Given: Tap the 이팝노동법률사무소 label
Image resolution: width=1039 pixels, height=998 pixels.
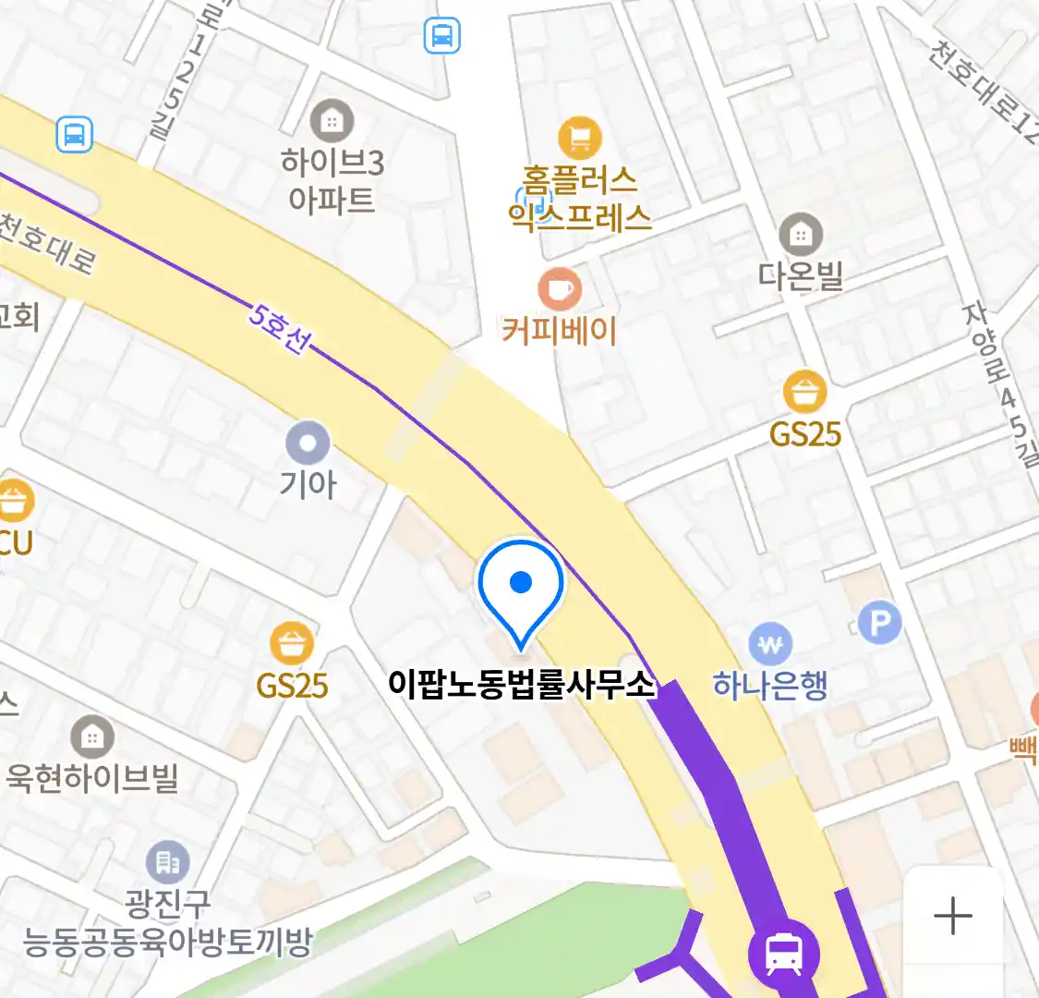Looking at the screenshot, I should [521, 685].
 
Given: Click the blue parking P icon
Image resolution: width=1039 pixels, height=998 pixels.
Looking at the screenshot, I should [879, 624].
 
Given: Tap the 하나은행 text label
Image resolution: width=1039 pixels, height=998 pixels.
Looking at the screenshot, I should [769, 686].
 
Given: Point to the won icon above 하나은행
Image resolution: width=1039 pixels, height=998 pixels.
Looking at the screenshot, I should [770, 643].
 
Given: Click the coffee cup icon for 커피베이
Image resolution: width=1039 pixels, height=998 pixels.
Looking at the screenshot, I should [560, 289].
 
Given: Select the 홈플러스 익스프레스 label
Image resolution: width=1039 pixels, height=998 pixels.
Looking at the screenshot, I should [580, 197].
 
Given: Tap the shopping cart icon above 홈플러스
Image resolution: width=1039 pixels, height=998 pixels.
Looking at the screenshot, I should [580, 140].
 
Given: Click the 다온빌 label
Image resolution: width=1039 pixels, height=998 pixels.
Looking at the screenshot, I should [801, 275].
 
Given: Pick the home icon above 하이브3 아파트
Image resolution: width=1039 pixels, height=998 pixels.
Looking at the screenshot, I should [331, 120].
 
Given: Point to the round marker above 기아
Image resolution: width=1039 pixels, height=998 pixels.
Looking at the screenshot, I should [308, 444].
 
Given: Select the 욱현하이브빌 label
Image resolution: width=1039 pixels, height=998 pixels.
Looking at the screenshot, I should [91, 778].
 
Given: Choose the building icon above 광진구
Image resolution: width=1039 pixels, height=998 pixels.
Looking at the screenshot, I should [167, 863].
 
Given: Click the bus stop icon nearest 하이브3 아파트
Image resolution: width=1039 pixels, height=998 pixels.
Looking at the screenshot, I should [74, 134].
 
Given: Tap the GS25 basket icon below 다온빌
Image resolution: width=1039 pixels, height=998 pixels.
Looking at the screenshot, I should [804, 392].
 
